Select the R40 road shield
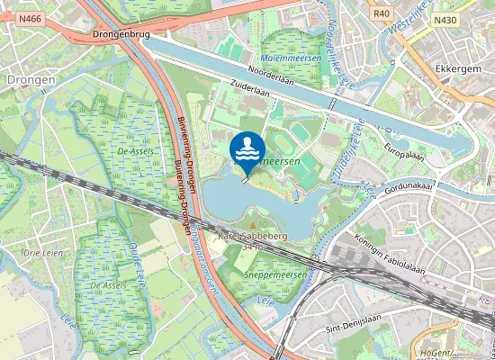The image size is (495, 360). (x=381, y=13)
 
